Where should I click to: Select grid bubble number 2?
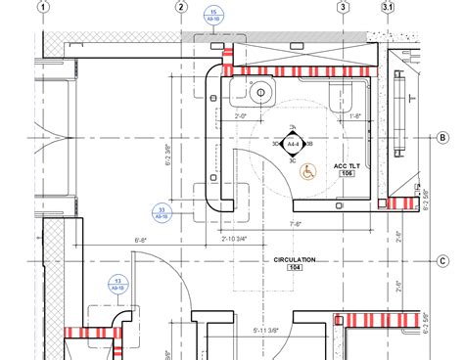pos(181,7)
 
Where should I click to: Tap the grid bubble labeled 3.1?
pos(388,7)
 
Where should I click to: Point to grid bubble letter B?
pos(442,138)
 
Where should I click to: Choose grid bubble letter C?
pos(442,260)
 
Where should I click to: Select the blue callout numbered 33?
pos(162,212)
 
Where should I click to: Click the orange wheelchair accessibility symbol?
pos(306,172)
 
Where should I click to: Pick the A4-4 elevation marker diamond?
pos(292,146)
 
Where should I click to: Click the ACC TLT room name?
pos(348,166)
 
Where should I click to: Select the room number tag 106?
pos(348,175)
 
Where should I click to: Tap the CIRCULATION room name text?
pos(294,260)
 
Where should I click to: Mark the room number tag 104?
pos(294,269)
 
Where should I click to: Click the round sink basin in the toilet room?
pos(259,96)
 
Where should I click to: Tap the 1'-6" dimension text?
pos(356,116)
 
